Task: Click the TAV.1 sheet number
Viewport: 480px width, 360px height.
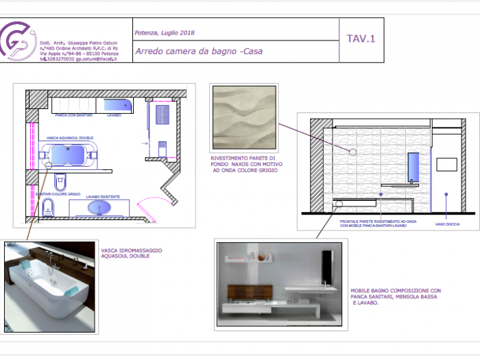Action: tap(361, 39)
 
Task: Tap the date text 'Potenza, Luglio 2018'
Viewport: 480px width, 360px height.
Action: tap(165, 33)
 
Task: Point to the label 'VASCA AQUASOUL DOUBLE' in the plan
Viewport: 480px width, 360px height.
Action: tap(69, 138)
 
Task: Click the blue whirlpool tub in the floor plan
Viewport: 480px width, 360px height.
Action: tap(69, 156)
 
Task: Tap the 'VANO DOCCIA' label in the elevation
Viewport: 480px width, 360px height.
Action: tap(446, 224)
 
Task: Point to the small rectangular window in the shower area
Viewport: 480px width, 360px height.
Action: tap(446, 165)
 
